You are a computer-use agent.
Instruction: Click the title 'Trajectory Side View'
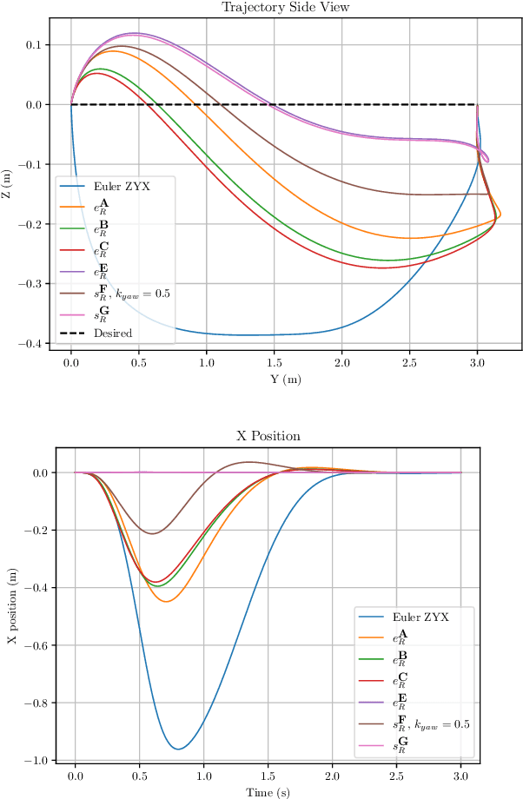click(275, 8)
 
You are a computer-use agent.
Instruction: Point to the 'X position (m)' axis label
click(12, 605)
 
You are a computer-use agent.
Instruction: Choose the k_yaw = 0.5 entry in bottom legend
click(432, 723)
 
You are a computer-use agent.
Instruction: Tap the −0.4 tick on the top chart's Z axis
click(34, 344)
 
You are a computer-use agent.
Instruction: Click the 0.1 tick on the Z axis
click(39, 45)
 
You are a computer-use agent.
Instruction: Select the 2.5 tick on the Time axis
click(397, 778)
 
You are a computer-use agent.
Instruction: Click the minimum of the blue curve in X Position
click(178, 749)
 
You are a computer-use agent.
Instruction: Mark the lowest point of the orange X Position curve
click(167, 601)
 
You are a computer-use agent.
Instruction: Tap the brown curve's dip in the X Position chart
click(153, 533)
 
